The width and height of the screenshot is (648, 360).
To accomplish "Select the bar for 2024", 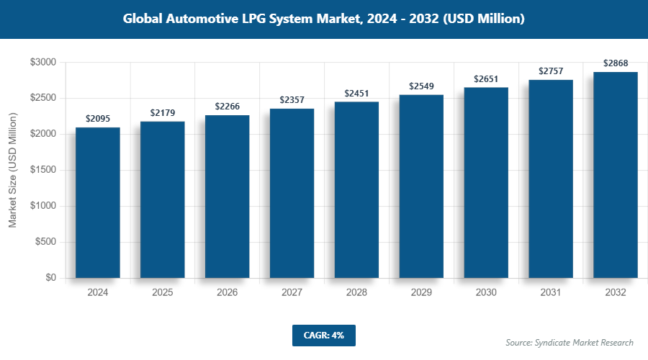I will [98, 203].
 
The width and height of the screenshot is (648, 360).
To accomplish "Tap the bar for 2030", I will [486, 183].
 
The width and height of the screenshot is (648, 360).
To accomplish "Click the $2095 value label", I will [98, 119].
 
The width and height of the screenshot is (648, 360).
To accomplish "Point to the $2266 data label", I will [228, 107].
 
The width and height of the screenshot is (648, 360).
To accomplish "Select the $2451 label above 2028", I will [356, 94].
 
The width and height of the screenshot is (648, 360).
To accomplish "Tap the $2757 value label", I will [551, 71].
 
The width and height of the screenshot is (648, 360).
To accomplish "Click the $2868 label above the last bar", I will [616, 63].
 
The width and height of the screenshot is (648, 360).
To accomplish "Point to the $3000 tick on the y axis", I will [42, 63].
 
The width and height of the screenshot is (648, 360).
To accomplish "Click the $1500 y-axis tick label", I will [42, 170].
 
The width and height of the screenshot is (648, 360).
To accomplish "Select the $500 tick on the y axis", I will [45, 242].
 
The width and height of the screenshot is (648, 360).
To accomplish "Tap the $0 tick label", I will [50, 278].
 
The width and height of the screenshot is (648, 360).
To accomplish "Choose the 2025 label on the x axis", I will [163, 293].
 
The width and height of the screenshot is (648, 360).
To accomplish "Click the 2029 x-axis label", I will [421, 293].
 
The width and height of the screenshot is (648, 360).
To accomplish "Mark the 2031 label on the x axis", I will [551, 293].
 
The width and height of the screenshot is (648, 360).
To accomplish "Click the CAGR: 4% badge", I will [324, 336].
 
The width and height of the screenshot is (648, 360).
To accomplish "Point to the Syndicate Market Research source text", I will [570, 343].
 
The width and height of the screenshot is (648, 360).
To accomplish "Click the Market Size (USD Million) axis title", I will [12, 170].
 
